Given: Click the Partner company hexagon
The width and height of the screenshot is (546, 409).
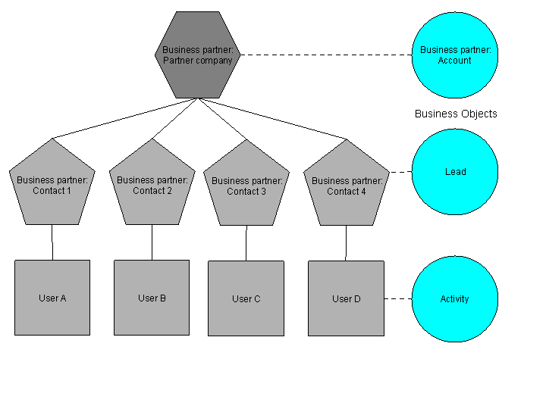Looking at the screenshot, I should pos(197,55).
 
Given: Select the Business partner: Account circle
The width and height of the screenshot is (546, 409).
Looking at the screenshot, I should pos(454,55).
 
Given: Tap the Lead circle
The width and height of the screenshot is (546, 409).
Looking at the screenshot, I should pos(454,172).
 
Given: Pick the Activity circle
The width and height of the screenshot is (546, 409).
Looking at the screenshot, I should pos(454,298).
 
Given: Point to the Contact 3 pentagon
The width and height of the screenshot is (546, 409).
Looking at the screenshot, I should pos(246,185).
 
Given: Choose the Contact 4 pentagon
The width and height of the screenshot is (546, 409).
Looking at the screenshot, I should pos(347,185).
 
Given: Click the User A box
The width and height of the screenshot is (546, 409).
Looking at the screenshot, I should pos(52,298).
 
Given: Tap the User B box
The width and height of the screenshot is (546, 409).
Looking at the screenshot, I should pos(152,298).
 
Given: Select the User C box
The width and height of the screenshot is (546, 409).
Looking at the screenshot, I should pos(246,298).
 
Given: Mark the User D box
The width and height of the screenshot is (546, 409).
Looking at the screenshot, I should pos(347,298).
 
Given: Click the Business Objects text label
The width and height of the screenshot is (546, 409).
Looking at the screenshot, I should pos(456,114).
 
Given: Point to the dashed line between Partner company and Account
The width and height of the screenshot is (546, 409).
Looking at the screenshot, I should pos(326,55).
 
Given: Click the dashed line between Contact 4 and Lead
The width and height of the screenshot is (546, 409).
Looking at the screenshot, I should pos(400,172).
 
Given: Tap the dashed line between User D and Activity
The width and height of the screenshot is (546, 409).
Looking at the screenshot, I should pos(398,298).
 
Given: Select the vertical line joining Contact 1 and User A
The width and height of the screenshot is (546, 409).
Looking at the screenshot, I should pos(52,242).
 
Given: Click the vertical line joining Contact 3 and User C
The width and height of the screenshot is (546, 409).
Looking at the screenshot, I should pos(246,243).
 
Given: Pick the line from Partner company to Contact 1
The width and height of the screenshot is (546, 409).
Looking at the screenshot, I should pos(125,118).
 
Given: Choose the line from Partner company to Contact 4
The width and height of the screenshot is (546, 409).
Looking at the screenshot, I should pos(273,119).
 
